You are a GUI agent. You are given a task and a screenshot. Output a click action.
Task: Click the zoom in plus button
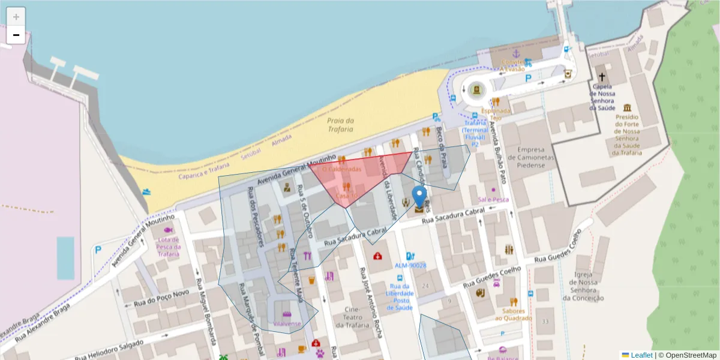16,16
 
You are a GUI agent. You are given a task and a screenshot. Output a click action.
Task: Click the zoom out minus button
16,35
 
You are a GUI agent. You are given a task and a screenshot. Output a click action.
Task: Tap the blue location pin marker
419,197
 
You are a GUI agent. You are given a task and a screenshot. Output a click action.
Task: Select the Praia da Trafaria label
340,125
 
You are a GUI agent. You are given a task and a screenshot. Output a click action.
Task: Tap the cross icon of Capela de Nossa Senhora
602,77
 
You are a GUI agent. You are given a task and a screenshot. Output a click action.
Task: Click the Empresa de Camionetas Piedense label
531,157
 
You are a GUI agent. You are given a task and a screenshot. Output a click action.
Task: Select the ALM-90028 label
410,265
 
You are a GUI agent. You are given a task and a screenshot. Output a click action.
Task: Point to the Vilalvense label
287,323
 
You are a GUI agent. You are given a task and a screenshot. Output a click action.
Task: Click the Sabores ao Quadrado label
514,314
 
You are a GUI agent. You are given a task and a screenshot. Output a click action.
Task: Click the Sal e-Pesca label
493,199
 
